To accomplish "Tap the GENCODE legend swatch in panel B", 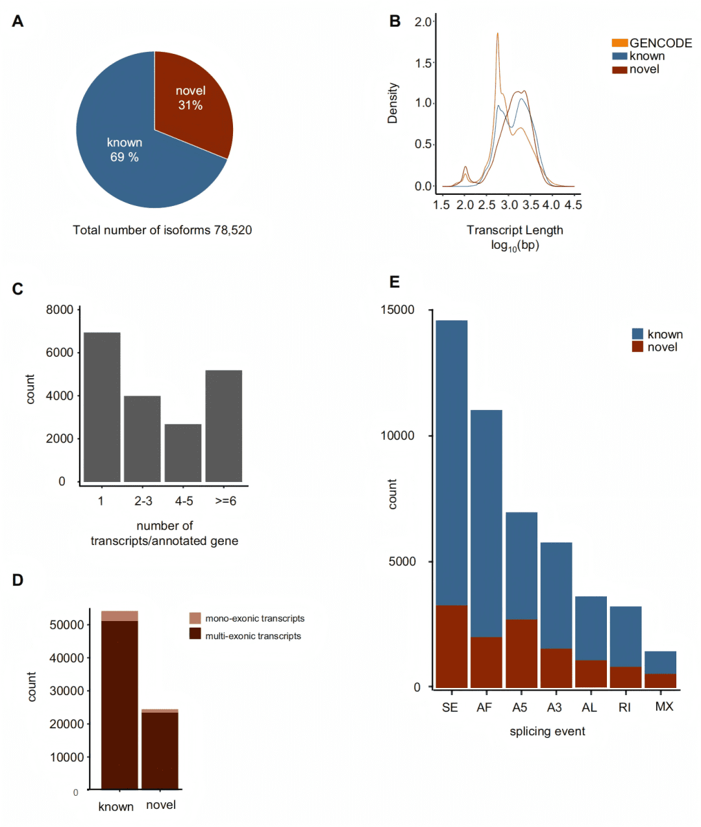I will point(619,43).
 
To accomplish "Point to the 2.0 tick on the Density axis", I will point(423,22).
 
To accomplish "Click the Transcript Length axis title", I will point(515,230).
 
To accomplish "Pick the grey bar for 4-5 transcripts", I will point(183,453).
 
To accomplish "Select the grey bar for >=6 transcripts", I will point(224,426).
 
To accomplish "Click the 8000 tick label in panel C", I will point(60,310).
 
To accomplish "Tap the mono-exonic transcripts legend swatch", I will point(195,618).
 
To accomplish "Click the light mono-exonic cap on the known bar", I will point(119,616).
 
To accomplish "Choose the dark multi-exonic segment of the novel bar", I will point(160,750).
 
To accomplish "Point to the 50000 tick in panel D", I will point(67,625).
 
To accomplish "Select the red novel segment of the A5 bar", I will point(521,653).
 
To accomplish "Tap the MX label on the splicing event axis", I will point(664,707).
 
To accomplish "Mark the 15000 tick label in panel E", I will point(397,310).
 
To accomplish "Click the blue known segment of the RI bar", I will point(626,637).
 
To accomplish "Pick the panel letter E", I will point(394,282).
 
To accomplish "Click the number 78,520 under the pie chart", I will point(233,230).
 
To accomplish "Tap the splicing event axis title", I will point(547,732).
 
